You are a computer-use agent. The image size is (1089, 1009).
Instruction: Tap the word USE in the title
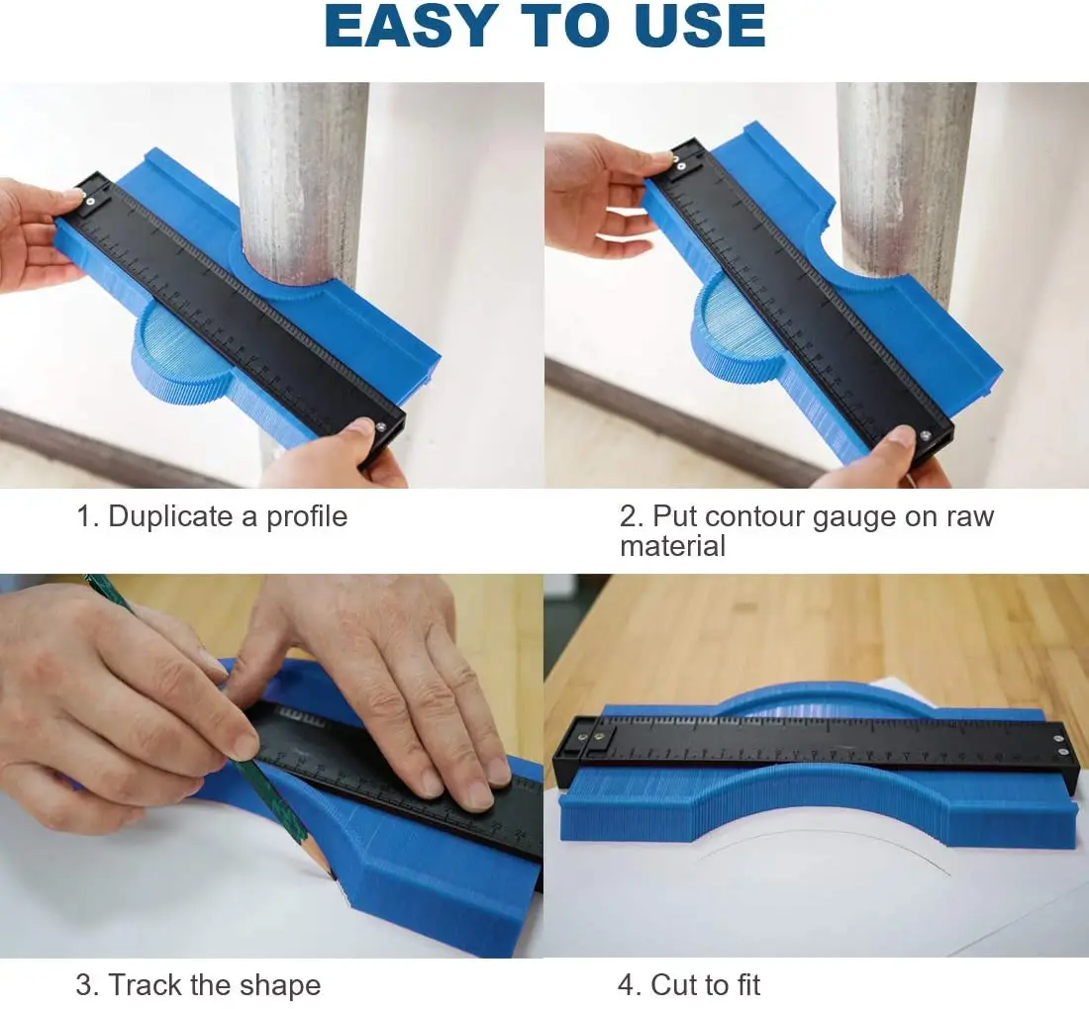694,27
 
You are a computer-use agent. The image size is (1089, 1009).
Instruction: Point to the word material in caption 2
672,546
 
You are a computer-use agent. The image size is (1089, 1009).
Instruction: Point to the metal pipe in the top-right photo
905,168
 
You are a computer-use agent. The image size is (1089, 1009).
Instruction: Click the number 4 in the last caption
628,985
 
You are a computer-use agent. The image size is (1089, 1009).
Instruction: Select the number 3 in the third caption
85,985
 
